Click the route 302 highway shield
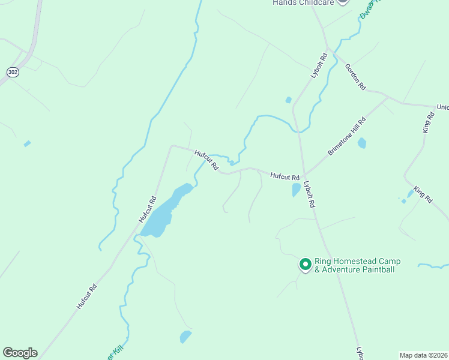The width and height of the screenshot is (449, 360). click(x=12, y=72)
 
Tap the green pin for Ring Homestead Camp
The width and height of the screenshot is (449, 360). click(x=305, y=264)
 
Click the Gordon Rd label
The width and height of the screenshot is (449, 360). click(x=355, y=77)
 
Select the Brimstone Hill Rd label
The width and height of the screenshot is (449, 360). click(x=346, y=137)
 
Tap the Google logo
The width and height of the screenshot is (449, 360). click(x=20, y=353)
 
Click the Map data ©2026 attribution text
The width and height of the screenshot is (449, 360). click(x=423, y=355)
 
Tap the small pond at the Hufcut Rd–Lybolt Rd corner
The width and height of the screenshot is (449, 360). click(x=296, y=190)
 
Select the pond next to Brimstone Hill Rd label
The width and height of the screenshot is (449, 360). click(x=362, y=143)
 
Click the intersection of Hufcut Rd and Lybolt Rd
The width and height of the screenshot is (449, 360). click(x=304, y=175)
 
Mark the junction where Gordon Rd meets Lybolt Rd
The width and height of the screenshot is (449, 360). click(x=328, y=50)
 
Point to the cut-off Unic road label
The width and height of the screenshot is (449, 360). click(x=442, y=107)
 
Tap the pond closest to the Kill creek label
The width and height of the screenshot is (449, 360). click(x=185, y=337)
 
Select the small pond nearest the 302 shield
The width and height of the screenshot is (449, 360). click(x=27, y=143)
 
